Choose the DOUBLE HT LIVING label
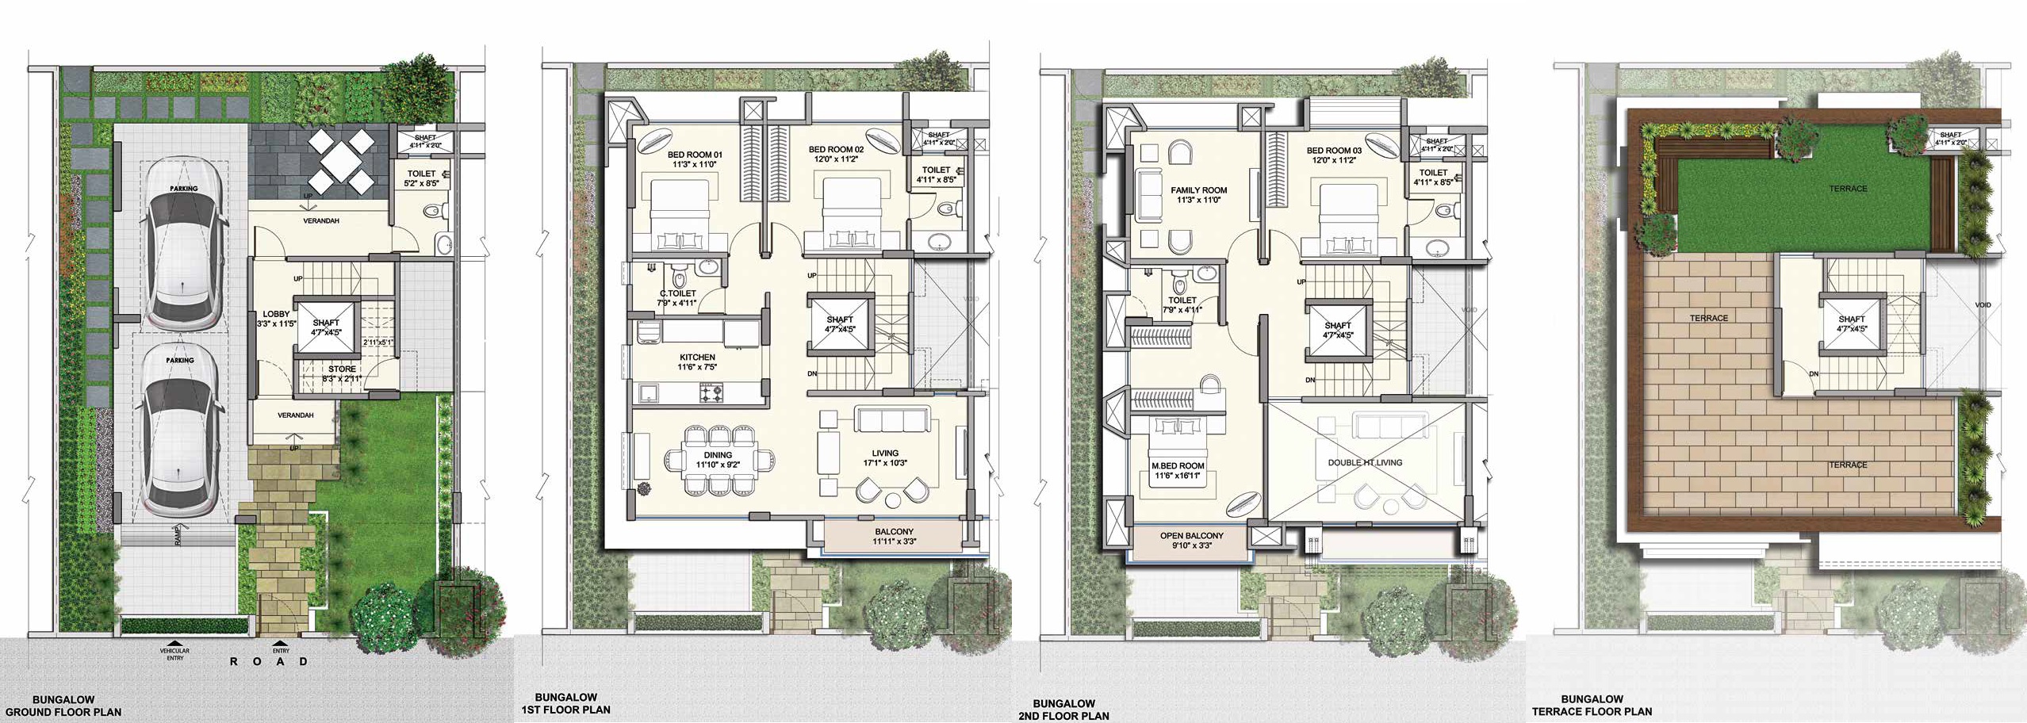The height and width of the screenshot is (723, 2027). click(1365, 462)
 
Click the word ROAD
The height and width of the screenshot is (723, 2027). click(269, 661)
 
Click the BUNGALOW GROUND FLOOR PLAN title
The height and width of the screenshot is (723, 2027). click(63, 706)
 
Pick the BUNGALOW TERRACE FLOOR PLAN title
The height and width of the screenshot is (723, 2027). click(1592, 706)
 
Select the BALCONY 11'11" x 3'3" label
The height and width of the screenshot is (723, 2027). click(894, 537)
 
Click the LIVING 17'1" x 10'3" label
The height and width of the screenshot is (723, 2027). click(885, 458)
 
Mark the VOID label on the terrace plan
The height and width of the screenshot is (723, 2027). click(1983, 305)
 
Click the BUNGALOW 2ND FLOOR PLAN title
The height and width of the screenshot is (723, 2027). click(1063, 710)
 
